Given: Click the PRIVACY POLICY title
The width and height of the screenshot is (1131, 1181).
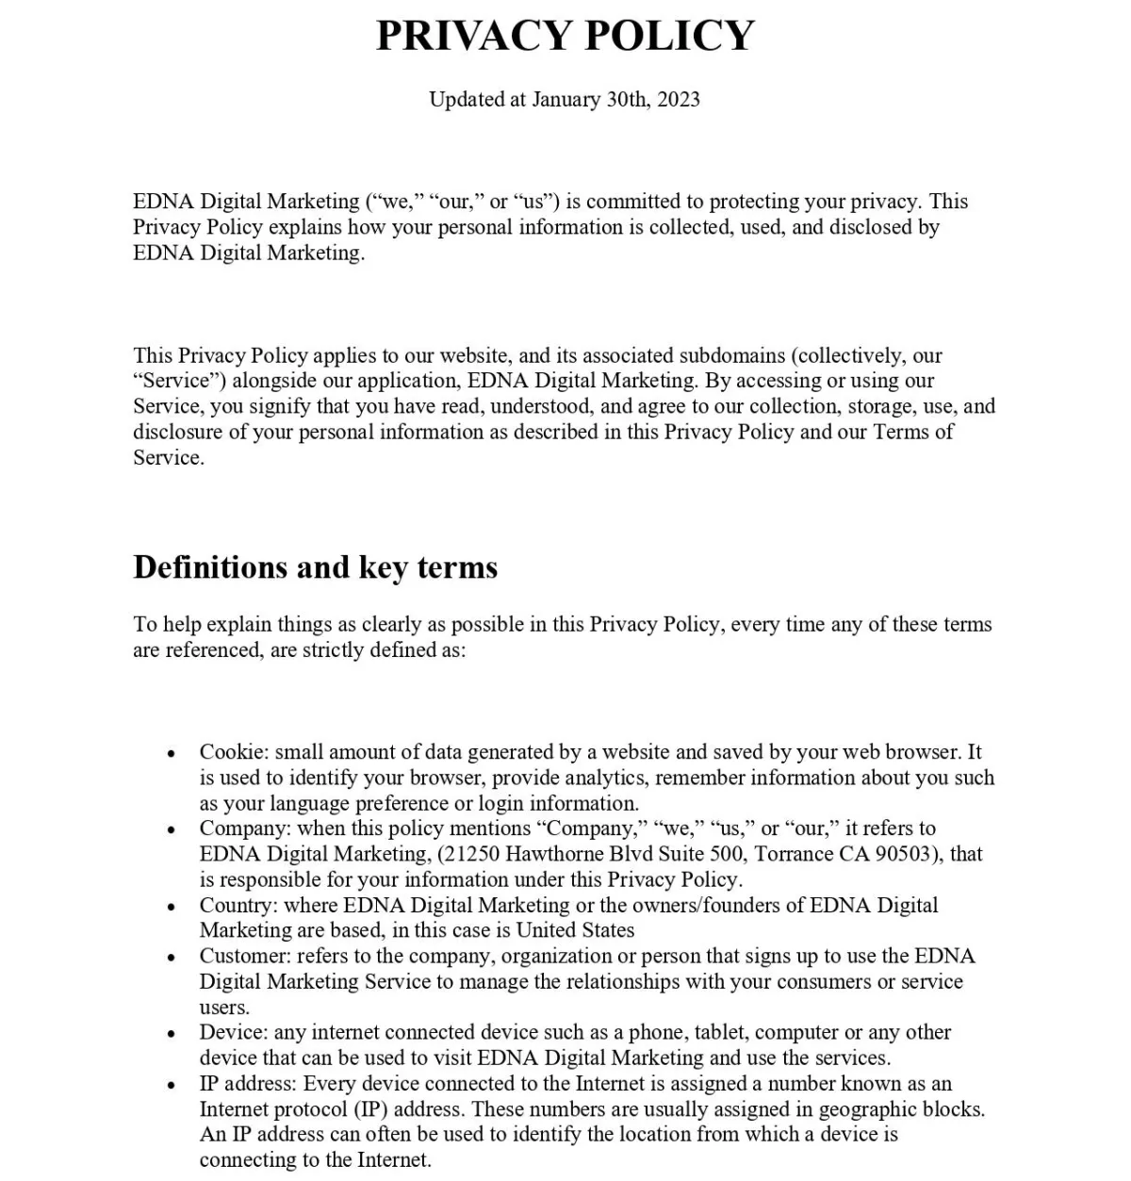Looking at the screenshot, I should point(565,36).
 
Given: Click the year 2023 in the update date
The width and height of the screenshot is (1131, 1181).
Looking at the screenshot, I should point(679,99).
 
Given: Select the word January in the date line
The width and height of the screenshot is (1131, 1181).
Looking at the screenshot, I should point(565,99).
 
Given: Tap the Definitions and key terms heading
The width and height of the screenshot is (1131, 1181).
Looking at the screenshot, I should point(316,567).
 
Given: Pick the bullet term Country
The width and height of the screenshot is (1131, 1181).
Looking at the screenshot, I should point(238,905).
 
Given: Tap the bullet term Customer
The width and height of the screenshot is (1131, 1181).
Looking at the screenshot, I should point(245,956).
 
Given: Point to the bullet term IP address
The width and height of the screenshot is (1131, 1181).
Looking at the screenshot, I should point(247,1083).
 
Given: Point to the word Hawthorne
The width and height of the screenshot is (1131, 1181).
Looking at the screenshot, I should point(553,854).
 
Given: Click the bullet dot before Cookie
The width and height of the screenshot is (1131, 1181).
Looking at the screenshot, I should point(171,754).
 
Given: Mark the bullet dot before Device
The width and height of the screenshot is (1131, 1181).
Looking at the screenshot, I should point(171,1034).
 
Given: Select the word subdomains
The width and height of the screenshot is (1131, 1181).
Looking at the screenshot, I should point(731,355).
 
